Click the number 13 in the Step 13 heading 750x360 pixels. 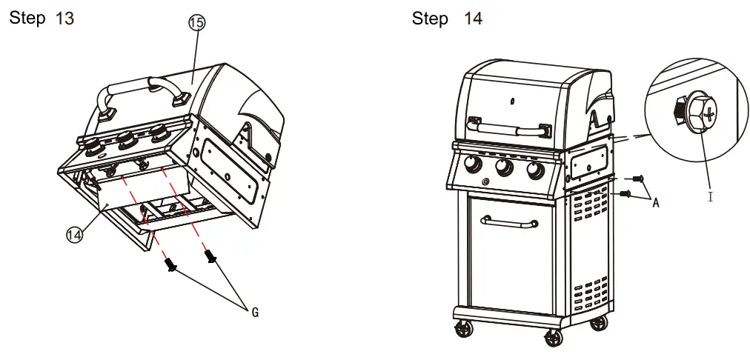[x=64, y=19]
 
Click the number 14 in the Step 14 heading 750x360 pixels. [x=473, y=19]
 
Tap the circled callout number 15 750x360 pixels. [x=196, y=23]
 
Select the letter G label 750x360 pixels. [x=254, y=313]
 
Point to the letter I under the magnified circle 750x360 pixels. [x=710, y=198]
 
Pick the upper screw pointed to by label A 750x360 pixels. [x=638, y=179]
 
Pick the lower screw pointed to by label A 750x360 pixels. [x=625, y=194]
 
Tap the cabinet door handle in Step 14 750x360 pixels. [x=509, y=220]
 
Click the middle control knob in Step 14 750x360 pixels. [x=504, y=168]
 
